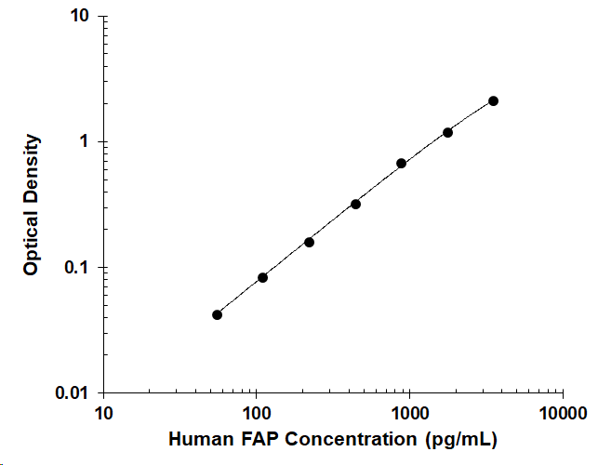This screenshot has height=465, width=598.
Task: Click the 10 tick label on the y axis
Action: (x=79, y=16)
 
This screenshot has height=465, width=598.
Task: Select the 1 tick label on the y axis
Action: (x=84, y=141)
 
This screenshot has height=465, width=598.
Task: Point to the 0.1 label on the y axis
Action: (x=76, y=267)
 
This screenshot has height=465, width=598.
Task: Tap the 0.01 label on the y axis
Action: (x=72, y=392)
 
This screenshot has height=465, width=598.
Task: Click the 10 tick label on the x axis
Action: (x=103, y=414)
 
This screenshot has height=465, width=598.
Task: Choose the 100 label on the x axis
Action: (x=257, y=414)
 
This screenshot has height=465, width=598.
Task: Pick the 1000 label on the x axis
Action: (x=409, y=414)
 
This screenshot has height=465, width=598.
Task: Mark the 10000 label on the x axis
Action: (x=563, y=414)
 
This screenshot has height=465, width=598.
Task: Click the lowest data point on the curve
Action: (x=217, y=314)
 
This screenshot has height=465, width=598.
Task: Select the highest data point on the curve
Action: (x=493, y=101)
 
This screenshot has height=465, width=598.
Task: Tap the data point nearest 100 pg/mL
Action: (x=263, y=278)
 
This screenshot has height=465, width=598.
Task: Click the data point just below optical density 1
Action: (x=401, y=164)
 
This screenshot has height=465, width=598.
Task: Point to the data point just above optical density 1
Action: (x=447, y=133)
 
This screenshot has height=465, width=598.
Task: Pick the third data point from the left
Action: (x=310, y=242)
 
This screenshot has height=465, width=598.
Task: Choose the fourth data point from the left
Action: (x=355, y=205)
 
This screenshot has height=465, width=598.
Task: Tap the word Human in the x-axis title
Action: (x=201, y=439)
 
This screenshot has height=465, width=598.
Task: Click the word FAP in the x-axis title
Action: (x=259, y=439)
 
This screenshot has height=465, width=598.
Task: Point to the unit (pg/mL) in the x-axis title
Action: (x=461, y=440)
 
